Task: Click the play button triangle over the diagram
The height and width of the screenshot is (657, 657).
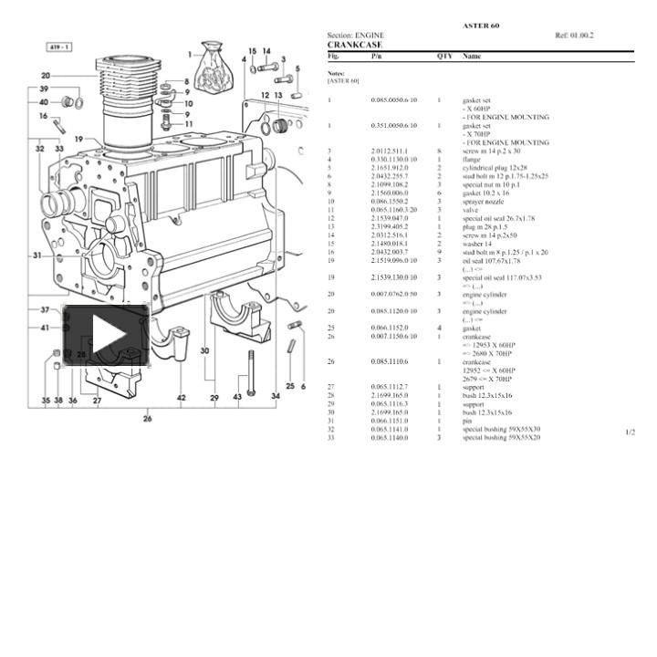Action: (x=106, y=336)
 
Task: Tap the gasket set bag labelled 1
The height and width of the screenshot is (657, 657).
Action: (x=214, y=63)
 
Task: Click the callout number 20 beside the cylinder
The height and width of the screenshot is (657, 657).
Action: (x=46, y=76)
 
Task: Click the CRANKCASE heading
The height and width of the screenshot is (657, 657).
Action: (x=355, y=45)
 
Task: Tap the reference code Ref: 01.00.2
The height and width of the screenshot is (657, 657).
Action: (x=574, y=36)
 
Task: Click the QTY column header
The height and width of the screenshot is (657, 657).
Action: (x=444, y=56)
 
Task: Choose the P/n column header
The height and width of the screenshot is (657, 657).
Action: (x=377, y=56)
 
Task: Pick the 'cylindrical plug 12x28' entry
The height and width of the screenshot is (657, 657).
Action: (x=495, y=168)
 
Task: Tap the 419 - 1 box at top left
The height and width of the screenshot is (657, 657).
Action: (x=61, y=46)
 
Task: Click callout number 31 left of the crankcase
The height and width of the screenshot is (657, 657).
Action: (x=36, y=255)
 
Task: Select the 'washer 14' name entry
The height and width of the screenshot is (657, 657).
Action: (x=477, y=244)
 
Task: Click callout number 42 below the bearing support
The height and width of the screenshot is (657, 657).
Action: (x=182, y=398)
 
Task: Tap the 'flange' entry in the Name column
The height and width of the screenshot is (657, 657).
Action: (x=472, y=160)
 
